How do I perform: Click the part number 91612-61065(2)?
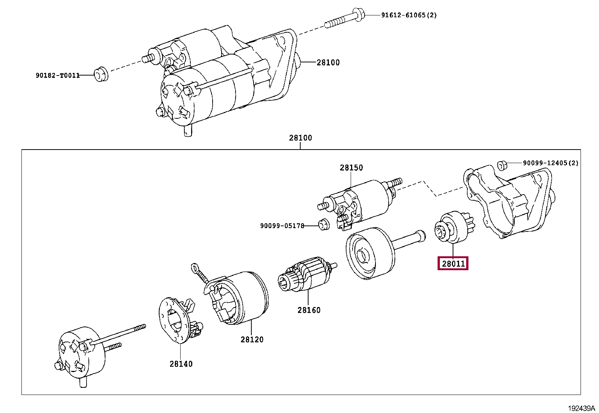(409, 15)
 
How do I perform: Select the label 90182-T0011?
(58, 75)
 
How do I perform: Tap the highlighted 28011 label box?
(453, 263)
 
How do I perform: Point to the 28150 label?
(351, 168)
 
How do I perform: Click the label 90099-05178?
(282, 225)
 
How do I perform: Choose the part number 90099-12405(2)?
(550, 163)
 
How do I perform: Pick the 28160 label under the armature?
(309, 310)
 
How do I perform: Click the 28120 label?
(252, 339)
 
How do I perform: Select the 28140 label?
(181, 364)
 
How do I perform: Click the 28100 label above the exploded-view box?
(300, 138)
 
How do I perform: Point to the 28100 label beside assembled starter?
(328, 63)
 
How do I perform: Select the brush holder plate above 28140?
(178, 319)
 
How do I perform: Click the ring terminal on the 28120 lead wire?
(195, 268)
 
